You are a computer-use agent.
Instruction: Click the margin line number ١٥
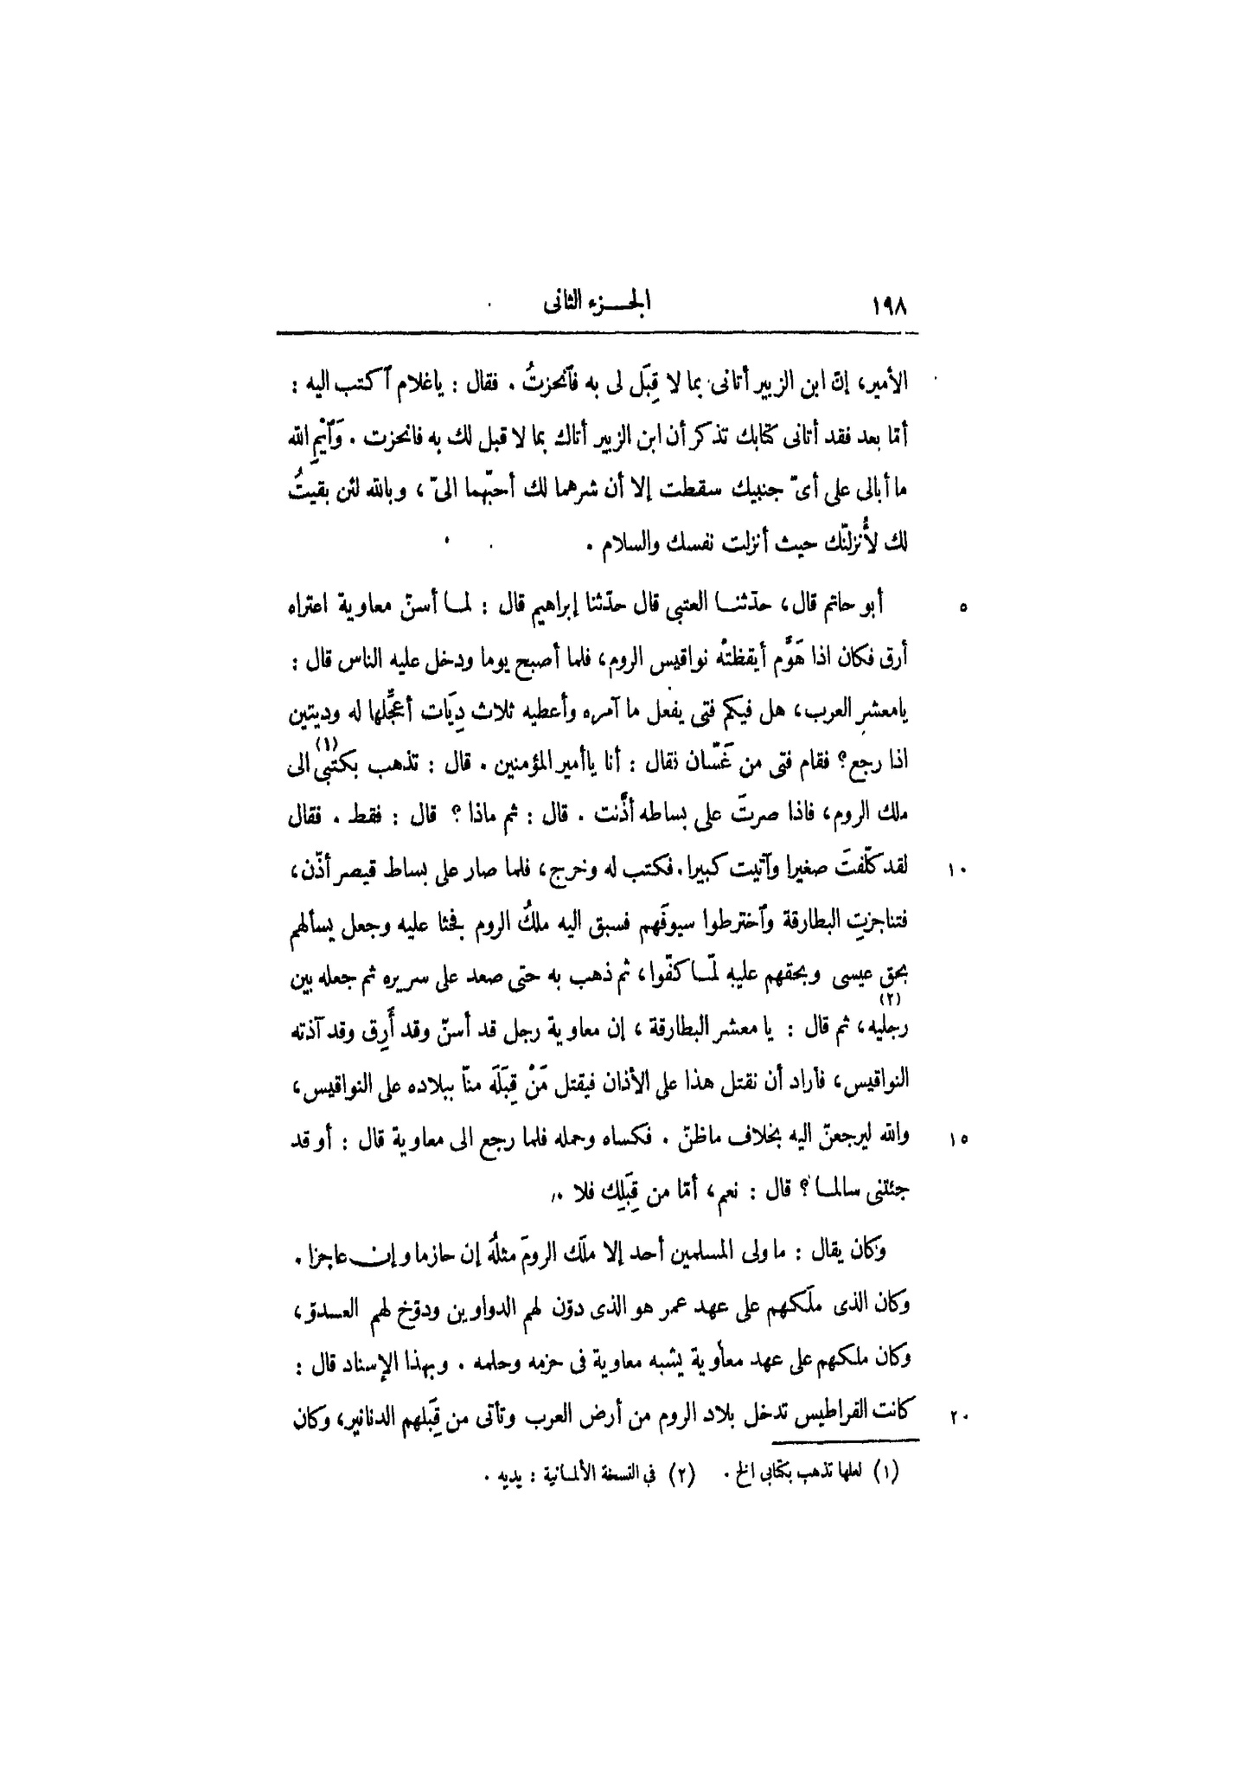pyautogui.click(x=962, y=1141)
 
